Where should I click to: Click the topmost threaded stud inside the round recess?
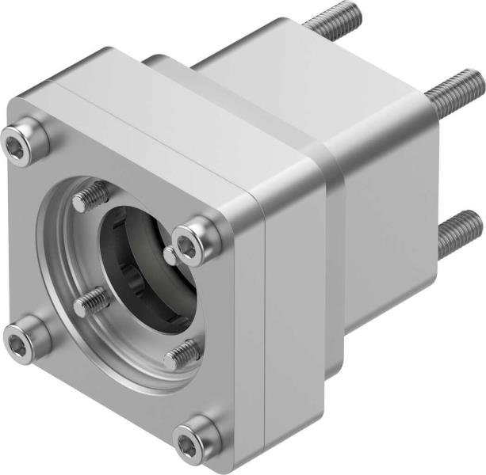91,196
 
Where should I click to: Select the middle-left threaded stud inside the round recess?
90,300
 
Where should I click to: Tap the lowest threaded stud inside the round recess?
182,355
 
